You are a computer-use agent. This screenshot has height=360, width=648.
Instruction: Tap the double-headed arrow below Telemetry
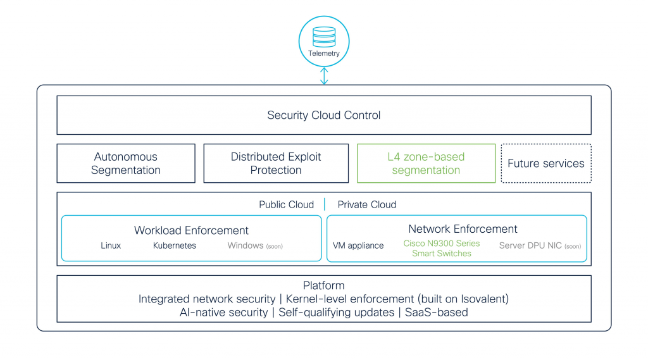[324, 76]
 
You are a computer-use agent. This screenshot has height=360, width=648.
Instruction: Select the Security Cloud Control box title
[324, 115]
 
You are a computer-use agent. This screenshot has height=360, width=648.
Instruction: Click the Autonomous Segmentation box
[126, 163]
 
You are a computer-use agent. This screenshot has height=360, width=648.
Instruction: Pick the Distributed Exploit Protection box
[276, 163]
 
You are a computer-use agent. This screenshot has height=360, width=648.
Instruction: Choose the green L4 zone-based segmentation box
[426, 163]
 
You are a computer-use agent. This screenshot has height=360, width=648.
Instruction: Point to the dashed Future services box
[546, 163]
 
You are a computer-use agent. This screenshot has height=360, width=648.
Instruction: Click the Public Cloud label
[286, 204]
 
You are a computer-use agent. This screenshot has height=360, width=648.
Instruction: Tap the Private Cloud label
[367, 204]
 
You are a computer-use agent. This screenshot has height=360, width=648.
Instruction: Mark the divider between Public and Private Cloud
[325, 204]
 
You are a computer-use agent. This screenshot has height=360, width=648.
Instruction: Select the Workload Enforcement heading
[191, 230]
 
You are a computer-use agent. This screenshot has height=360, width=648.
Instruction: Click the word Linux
[111, 245]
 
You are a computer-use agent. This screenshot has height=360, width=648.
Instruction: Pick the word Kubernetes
[175, 245]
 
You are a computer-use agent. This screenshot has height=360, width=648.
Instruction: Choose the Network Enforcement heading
[463, 229]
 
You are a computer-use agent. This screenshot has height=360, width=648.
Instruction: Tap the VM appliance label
[358, 245]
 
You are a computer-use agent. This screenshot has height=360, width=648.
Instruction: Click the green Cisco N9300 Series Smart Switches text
[442, 248]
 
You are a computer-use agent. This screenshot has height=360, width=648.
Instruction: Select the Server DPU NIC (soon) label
[540, 245]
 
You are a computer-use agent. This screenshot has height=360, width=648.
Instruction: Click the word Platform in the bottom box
[324, 285]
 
